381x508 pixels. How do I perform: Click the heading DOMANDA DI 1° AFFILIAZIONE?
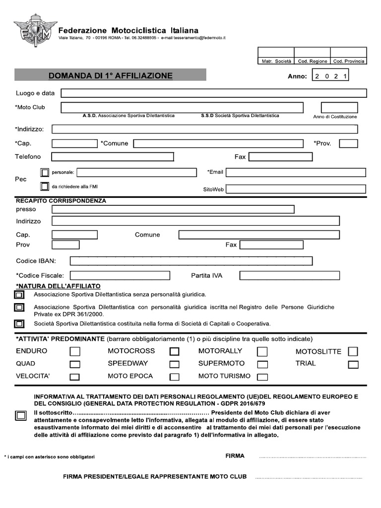(110, 76)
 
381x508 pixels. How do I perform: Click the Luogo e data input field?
(213, 93)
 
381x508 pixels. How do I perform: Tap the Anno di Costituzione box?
(339, 107)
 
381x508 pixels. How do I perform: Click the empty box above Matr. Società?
(276, 53)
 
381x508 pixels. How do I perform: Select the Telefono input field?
(113, 157)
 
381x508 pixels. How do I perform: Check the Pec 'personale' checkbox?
(45, 173)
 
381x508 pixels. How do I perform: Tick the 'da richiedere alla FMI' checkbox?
(45, 187)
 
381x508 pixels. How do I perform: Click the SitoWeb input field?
(296, 189)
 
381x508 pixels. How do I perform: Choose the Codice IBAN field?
(191, 261)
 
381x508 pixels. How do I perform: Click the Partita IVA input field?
(290, 275)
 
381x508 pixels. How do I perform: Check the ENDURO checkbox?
(75, 352)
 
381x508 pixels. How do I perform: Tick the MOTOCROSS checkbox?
(174, 352)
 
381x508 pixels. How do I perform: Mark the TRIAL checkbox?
(353, 365)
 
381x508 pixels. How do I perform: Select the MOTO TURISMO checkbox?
(262, 377)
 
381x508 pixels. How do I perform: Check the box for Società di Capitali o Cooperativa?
(19, 324)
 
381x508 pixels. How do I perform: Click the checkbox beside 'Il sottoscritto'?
(20, 416)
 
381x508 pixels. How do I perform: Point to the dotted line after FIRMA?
(312, 456)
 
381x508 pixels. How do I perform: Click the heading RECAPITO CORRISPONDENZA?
(61, 201)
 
